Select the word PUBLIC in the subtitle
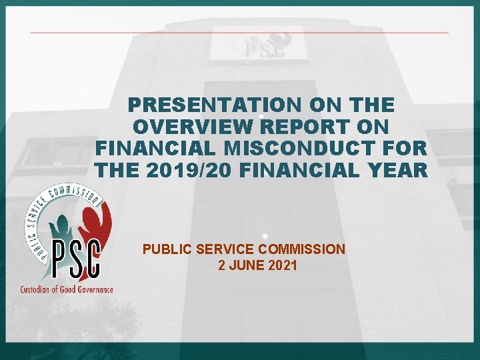[x=164, y=250]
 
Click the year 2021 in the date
[x=282, y=265]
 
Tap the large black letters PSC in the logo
[x=75, y=259]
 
